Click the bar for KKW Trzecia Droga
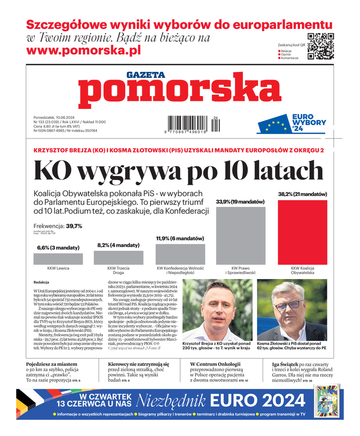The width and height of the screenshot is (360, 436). click(119, 257)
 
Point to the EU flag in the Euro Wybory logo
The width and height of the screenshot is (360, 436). click(274, 126)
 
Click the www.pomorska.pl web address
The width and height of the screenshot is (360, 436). click(83, 50)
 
